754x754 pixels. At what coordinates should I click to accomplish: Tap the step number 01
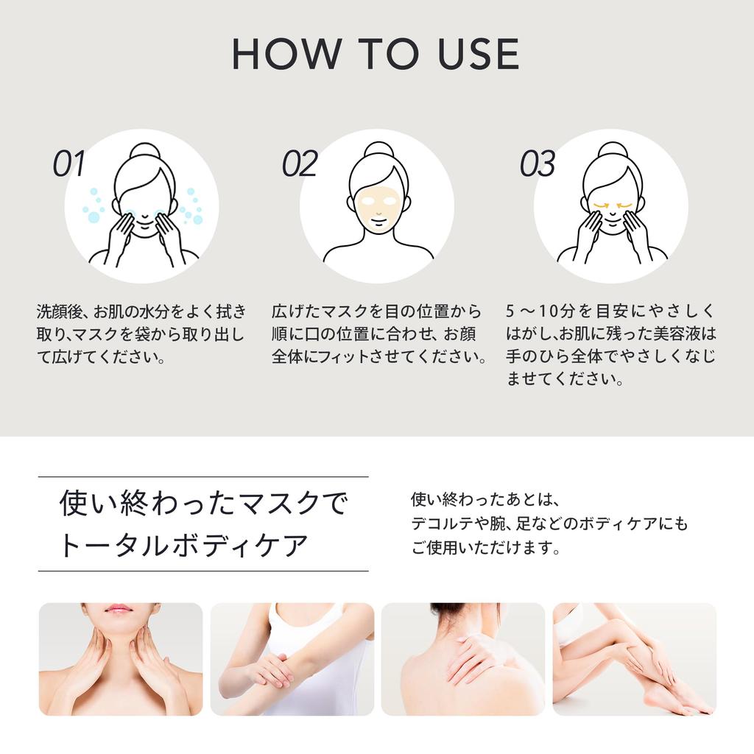click(69, 164)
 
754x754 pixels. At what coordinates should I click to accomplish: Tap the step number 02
click(300, 164)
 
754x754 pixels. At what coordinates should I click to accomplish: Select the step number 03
click(537, 164)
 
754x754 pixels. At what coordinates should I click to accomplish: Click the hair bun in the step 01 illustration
click(144, 151)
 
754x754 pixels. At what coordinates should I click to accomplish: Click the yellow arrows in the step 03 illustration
click(613, 205)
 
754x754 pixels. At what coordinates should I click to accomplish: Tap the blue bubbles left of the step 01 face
click(94, 207)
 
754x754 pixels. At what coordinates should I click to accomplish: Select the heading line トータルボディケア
click(183, 546)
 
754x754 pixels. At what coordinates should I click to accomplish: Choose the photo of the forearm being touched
click(292, 659)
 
